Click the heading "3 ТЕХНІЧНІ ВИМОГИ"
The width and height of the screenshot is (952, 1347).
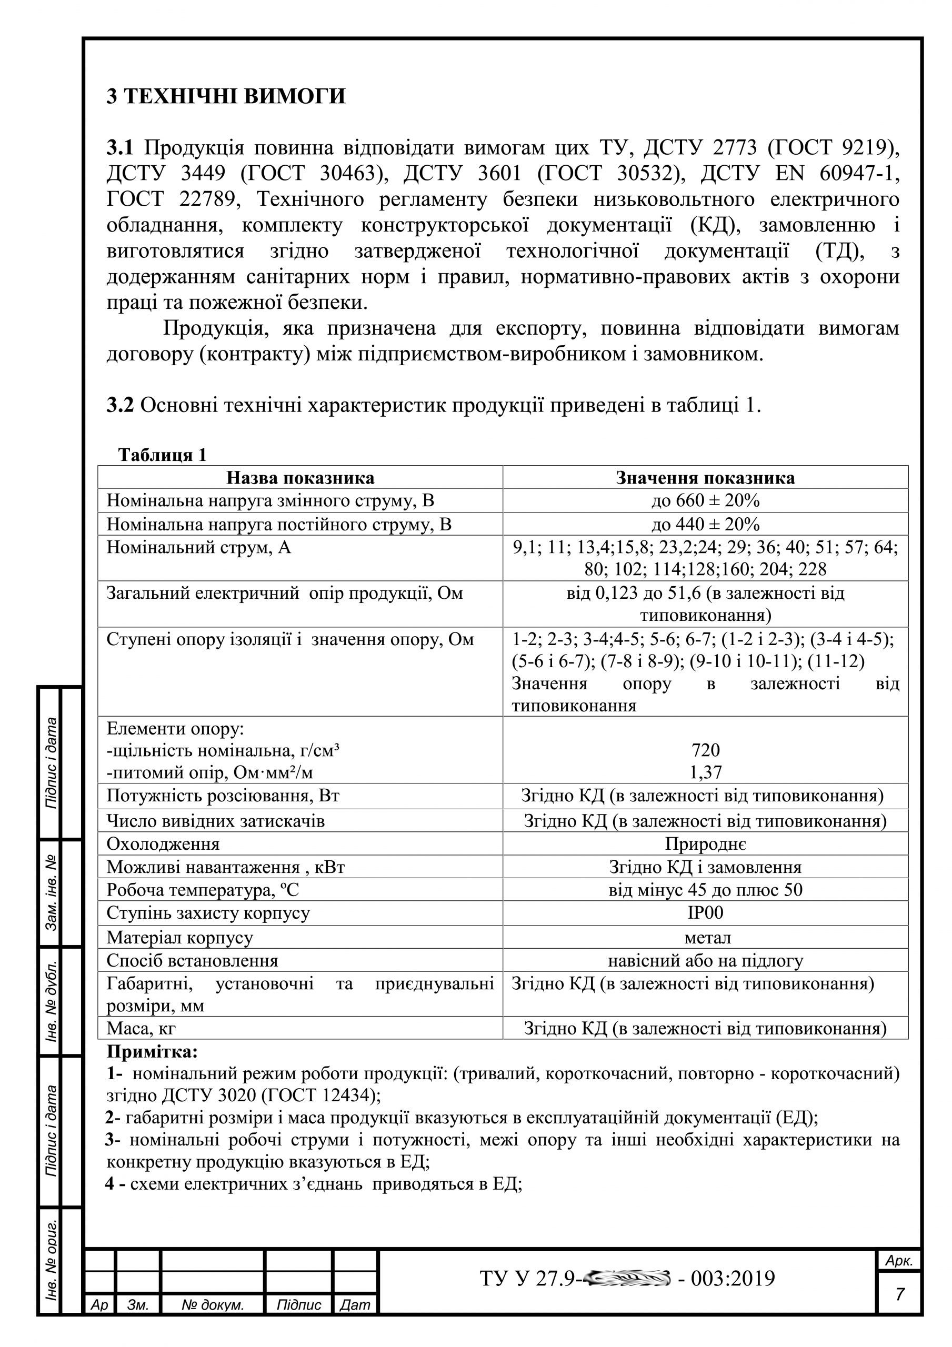(226, 96)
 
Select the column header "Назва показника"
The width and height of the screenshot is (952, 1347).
(300, 478)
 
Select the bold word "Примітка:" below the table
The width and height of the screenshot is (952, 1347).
(153, 1051)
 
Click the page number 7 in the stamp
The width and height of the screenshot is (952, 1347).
(899, 1294)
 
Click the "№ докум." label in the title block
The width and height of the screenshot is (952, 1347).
(212, 1305)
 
